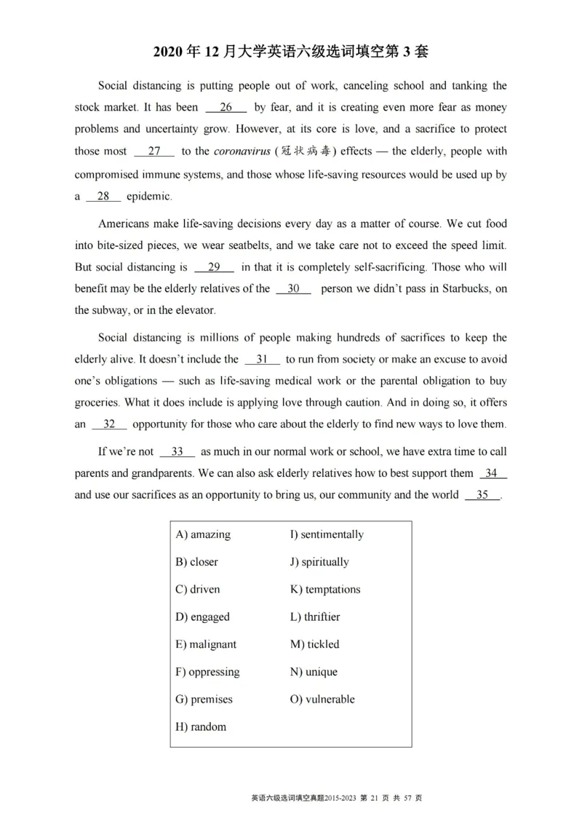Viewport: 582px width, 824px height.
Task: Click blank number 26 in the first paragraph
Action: [226, 108]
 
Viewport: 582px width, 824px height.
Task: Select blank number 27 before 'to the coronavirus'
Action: [154, 151]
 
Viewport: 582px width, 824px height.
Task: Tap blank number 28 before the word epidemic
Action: [103, 197]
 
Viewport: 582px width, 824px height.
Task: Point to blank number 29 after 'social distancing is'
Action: [214, 266]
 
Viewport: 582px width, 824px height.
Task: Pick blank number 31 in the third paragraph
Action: [263, 359]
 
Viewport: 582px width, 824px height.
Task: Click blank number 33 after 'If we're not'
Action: [177, 451]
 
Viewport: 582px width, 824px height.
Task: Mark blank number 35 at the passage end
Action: [482, 495]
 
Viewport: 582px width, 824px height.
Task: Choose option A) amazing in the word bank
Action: [203, 534]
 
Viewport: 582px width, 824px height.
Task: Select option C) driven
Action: [197, 589]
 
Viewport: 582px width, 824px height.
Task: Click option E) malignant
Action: [206, 644]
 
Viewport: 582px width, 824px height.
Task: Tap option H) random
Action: [201, 726]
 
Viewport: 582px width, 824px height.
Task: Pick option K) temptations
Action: [324, 589]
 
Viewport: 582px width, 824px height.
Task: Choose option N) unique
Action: [314, 672]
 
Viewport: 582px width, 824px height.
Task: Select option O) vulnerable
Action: [322, 699]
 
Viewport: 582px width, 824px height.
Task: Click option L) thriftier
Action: [315, 617]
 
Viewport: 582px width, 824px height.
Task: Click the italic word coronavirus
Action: [241, 151]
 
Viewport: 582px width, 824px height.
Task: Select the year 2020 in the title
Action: [171, 52]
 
